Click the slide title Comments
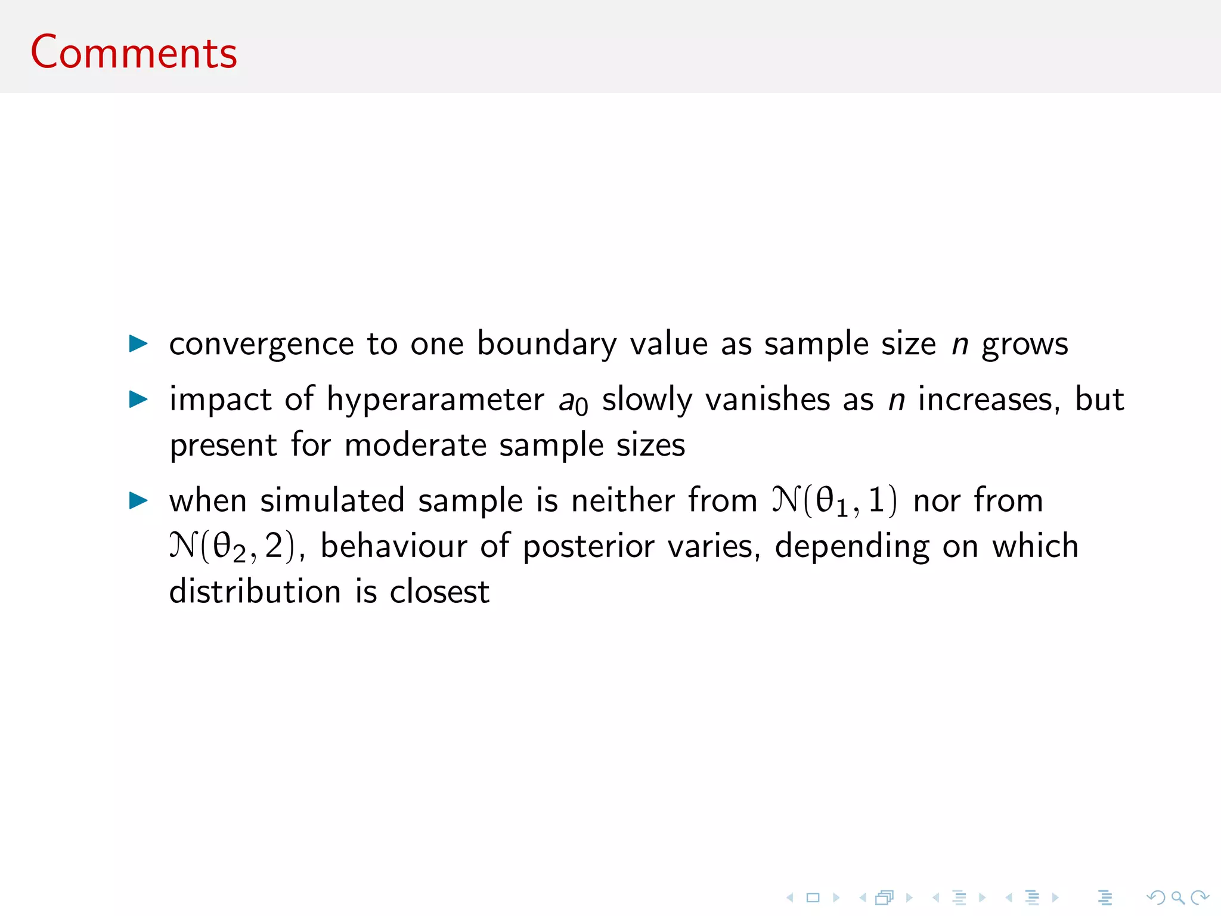[134, 52]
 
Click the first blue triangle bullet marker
[138, 343]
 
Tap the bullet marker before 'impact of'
[138, 399]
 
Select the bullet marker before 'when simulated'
[138, 500]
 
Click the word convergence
[262, 345]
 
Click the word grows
[1025, 345]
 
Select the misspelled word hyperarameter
[435, 400]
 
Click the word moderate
[416, 445]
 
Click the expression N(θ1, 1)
[834, 500]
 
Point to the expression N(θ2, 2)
[232, 546]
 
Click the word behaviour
[393, 546]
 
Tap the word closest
[439, 592]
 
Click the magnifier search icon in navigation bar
[1177, 898]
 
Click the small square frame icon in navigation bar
[813, 898]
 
